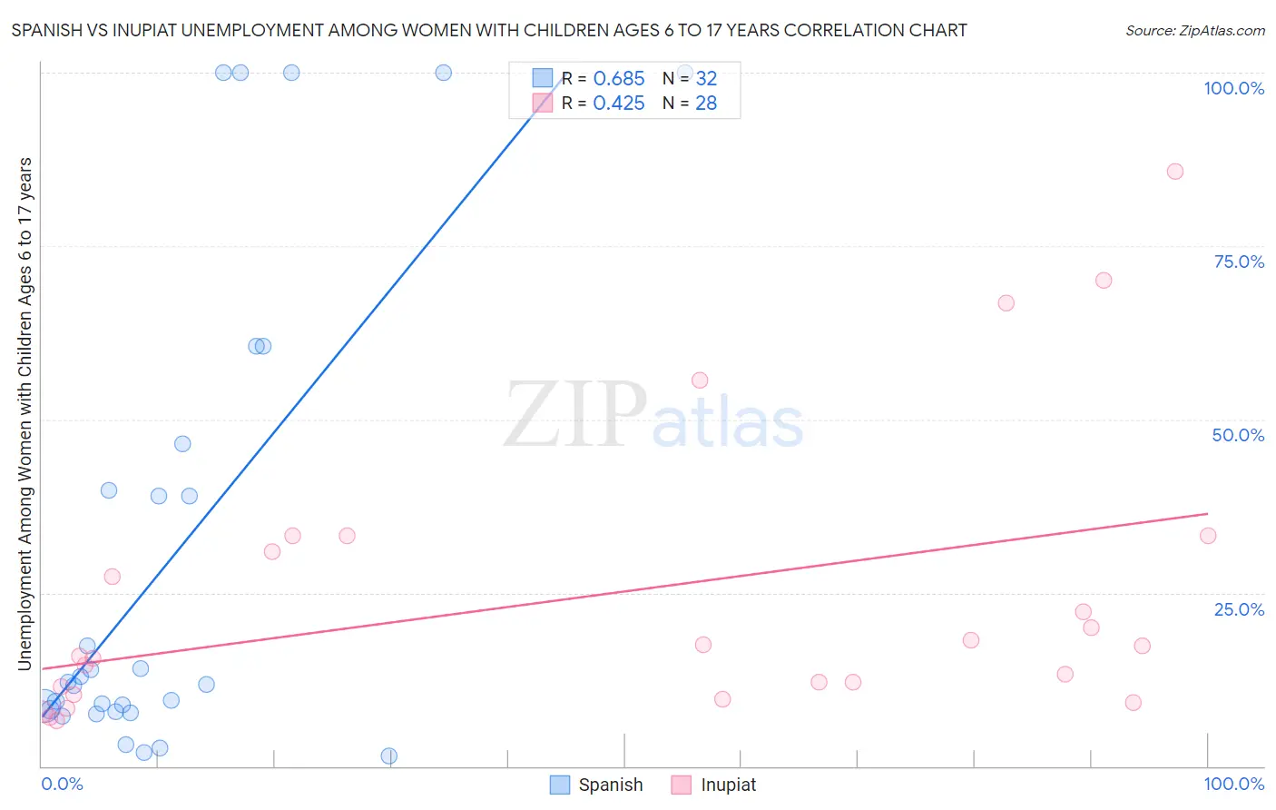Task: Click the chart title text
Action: coord(489,30)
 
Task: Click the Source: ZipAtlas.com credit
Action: coord(1194,30)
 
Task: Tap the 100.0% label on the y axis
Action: coord(1233,88)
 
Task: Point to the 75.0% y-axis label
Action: coord(1239,262)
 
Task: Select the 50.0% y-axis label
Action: coord(1238,435)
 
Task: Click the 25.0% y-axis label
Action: coord(1239,609)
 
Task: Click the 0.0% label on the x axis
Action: coord(62,784)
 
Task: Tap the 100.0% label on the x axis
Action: coord(1233,784)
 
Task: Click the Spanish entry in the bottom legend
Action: coord(596,785)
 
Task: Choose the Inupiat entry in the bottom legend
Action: coord(713,785)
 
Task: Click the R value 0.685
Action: coord(618,79)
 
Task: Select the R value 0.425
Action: coord(618,104)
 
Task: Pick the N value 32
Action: coord(706,79)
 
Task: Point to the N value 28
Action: coord(706,104)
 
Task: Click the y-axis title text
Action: coord(25,413)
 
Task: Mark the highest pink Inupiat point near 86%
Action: coord(1174,172)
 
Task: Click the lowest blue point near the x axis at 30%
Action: coord(388,756)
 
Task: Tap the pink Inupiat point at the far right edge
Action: coord(1207,536)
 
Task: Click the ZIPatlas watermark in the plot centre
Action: coord(653,416)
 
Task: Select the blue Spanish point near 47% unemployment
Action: coord(182,444)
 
